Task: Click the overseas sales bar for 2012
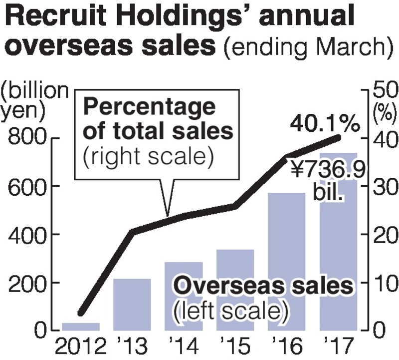81,327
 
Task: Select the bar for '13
133,305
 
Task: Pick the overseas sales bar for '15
235,290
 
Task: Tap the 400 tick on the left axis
26,235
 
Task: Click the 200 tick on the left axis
26,283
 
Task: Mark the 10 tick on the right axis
382,283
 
